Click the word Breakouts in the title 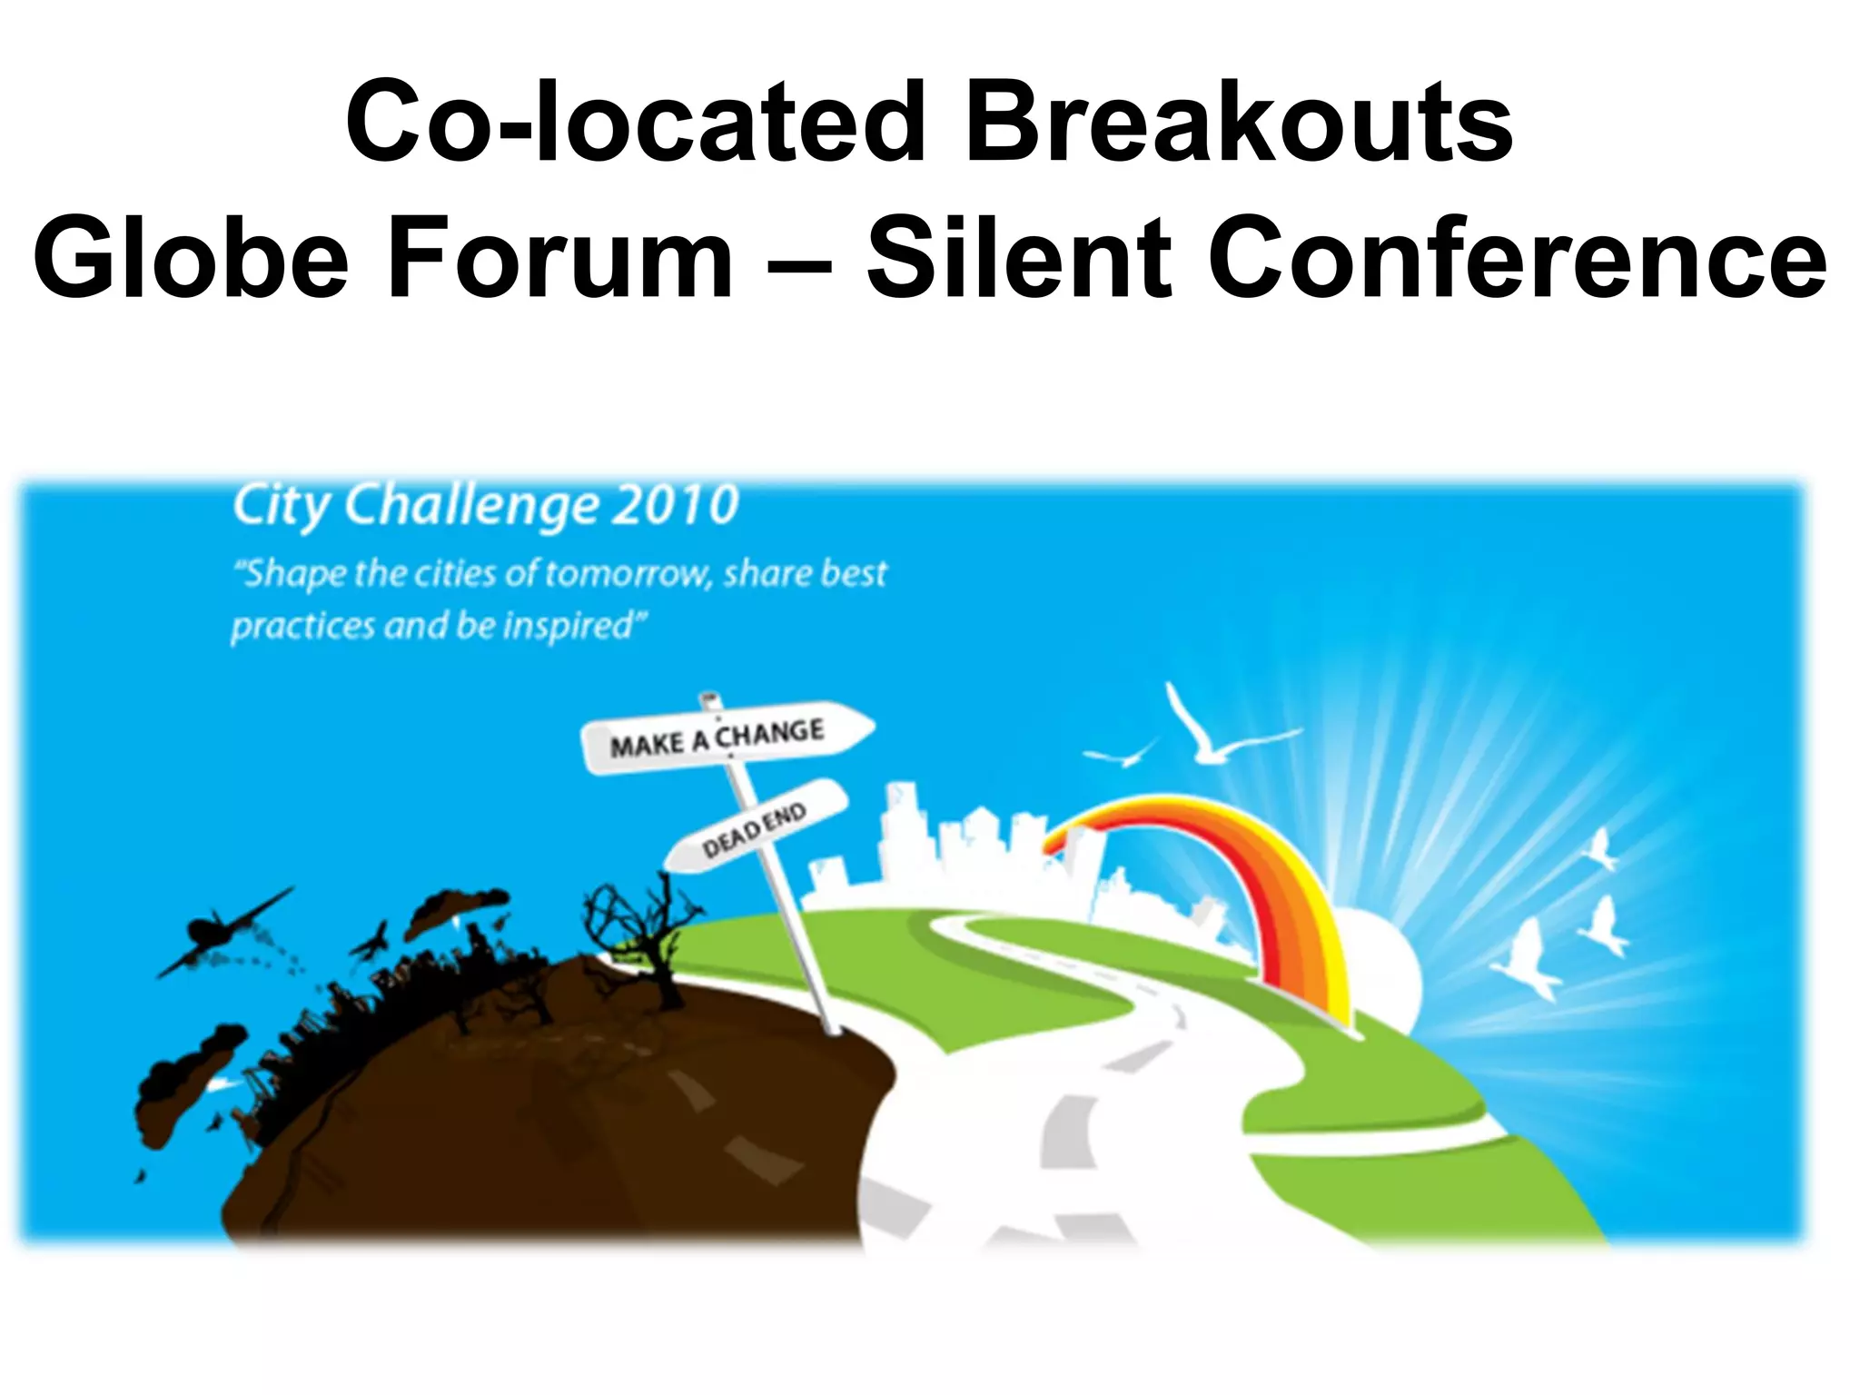[x=1239, y=123]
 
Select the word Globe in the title [x=191, y=259]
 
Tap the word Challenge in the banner [x=471, y=507]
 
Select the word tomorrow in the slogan [x=627, y=574]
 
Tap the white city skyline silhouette [x=963, y=845]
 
